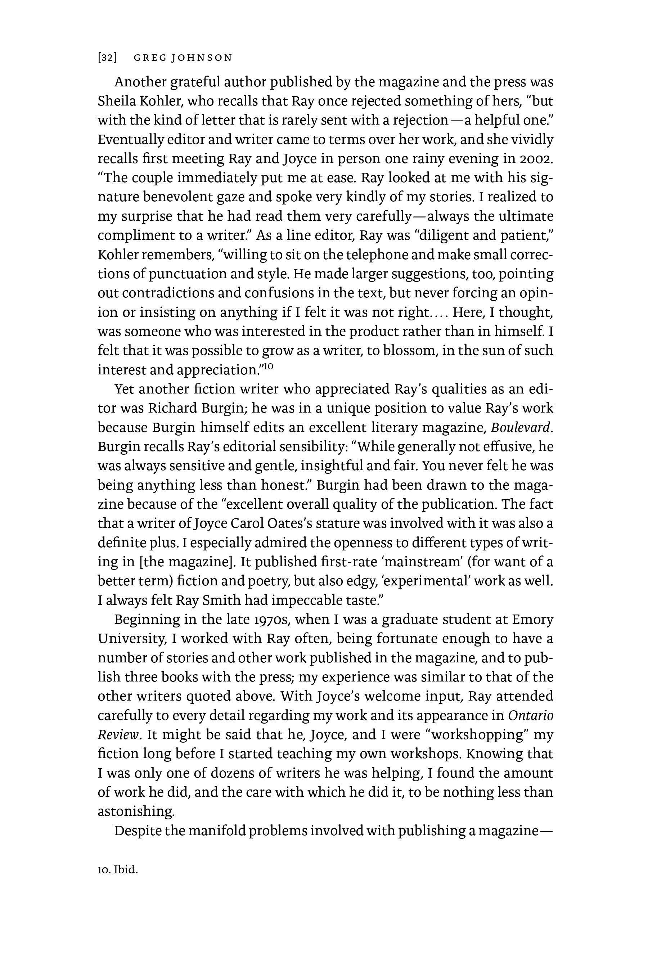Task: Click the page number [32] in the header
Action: click(x=107, y=58)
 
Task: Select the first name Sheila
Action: click(x=114, y=101)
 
